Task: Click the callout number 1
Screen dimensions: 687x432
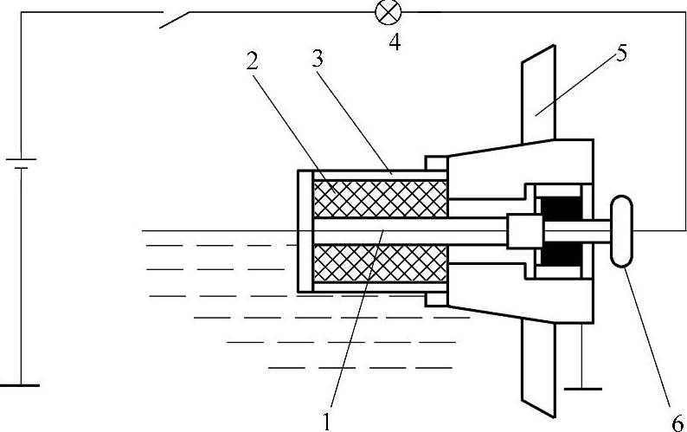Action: point(327,422)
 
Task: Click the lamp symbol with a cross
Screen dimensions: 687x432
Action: point(384,11)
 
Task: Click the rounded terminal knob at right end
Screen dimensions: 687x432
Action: point(622,231)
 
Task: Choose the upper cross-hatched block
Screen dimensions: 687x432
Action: point(381,198)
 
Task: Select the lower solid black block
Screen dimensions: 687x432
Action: point(560,254)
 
